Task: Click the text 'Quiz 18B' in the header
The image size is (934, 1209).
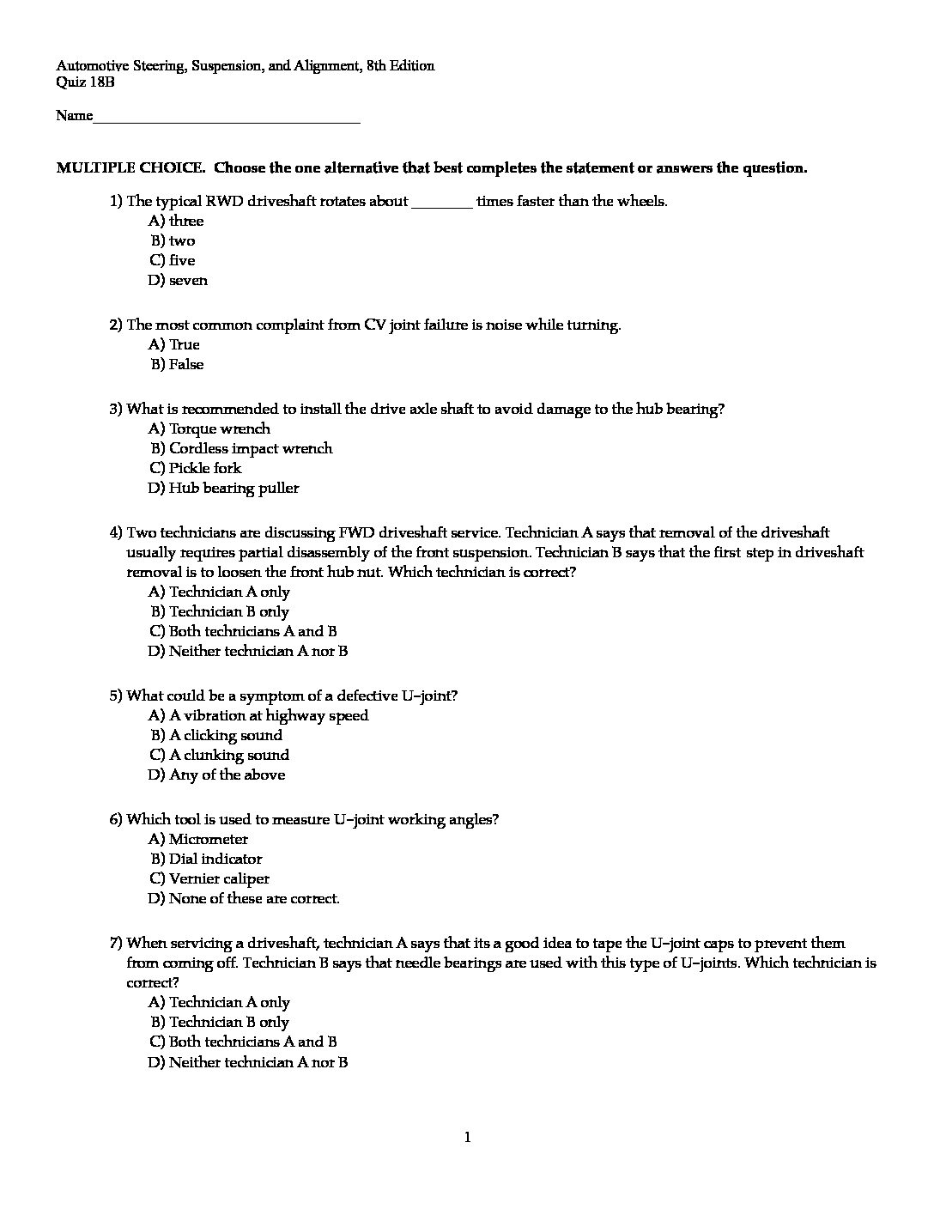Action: tap(85, 83)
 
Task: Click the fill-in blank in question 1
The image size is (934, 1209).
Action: tap(442, 203)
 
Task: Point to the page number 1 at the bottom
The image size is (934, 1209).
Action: tap(467, 1138)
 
